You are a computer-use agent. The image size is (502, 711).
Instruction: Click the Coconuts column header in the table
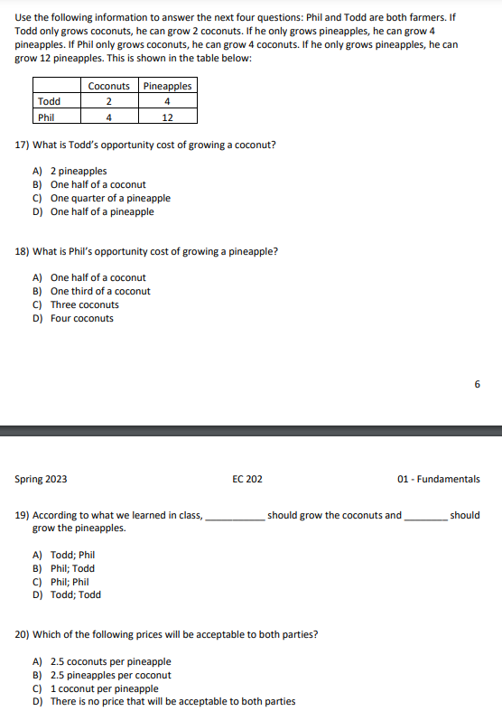[108, 86]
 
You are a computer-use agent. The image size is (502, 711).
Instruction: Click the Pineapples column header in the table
[167, 86]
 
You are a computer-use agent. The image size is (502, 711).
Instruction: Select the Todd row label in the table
[49, 101]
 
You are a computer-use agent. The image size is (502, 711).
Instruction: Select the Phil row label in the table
[46, 117]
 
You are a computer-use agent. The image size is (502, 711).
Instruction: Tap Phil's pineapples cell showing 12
[167, 117]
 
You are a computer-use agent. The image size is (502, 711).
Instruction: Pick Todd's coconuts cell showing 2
[108, 101]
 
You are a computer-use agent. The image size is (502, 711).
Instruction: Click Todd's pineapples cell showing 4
[167, 101]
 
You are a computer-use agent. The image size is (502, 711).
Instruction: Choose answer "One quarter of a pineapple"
[110, 198]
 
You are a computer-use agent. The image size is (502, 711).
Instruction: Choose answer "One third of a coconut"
[100, 291]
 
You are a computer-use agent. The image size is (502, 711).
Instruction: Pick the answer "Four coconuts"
[82, 318]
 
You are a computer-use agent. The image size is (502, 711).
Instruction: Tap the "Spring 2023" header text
[41, 479]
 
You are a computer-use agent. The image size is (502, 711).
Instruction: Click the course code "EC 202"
[247, 479]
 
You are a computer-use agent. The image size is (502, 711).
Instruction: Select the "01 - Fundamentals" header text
[439, 479]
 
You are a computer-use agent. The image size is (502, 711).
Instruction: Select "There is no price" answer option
[172, 701]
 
